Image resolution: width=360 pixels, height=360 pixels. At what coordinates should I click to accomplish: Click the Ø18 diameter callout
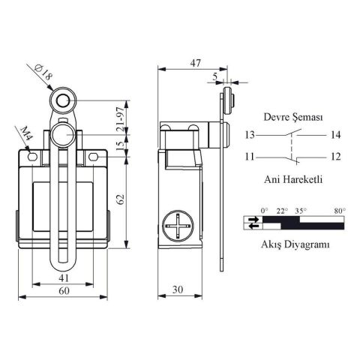(43, 75)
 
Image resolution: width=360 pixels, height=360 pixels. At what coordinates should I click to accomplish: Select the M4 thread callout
(25, 135)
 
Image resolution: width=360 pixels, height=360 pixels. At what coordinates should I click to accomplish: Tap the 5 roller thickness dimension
(215, 76)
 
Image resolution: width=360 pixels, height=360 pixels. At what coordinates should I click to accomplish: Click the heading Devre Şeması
(292, 118)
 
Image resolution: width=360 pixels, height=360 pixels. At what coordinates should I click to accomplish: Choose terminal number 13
(250, 136)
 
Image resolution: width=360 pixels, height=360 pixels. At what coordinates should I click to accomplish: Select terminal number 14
(335, 136)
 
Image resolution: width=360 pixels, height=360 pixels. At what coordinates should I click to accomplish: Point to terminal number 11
(250, 157)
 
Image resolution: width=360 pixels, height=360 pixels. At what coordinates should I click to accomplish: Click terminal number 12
(335, 157)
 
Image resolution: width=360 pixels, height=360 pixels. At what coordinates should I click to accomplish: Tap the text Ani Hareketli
(292, 180)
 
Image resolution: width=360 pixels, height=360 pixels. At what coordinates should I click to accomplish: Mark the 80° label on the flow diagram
(339, 211)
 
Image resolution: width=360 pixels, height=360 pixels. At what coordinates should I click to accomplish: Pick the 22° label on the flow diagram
(282, 211)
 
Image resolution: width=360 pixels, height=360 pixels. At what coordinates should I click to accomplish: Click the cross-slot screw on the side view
(178, 226)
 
